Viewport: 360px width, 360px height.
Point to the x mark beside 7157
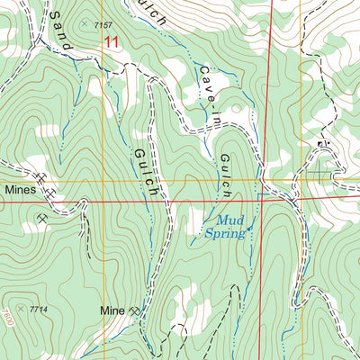click(x=85, y=23)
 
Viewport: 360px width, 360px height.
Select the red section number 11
click(x=110, y=41)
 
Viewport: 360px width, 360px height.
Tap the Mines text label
click(x=20, y=191)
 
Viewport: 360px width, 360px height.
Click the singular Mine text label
click(x=112, y=311)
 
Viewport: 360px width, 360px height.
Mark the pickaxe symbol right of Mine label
click(x=135, y=311)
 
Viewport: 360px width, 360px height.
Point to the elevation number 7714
click(x=38, y=310)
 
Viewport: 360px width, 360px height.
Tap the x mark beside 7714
click(x=21, y=309)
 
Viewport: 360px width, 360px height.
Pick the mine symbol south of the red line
click(x=42, y=217)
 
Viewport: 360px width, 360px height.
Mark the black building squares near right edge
click(x=321, y=144)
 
